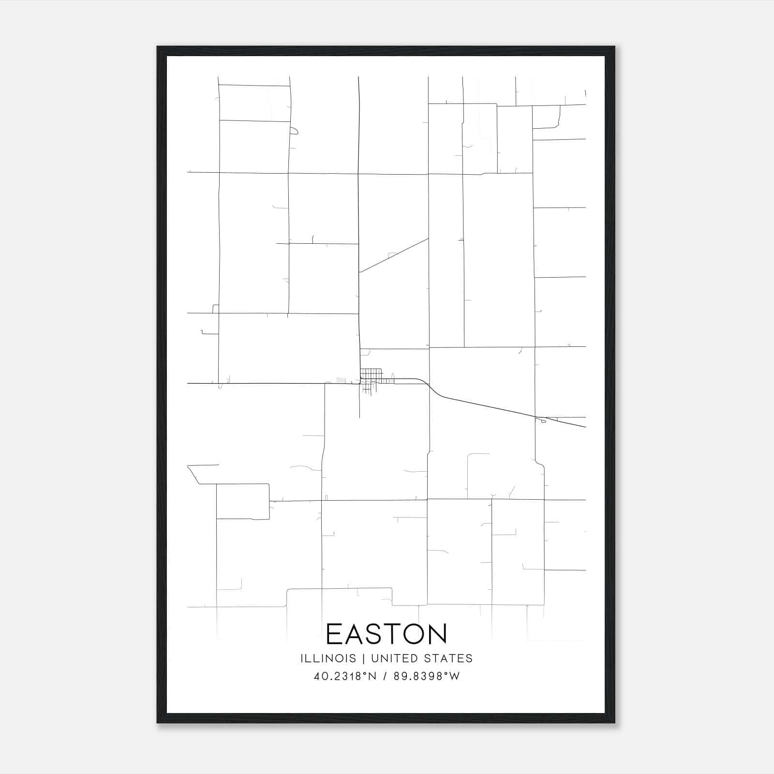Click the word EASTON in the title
(387, 634)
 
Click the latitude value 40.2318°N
(345, 676)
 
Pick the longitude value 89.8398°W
(427, 676)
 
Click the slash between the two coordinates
(385, 676)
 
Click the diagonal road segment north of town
(393, 255)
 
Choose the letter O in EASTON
(411, 634)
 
